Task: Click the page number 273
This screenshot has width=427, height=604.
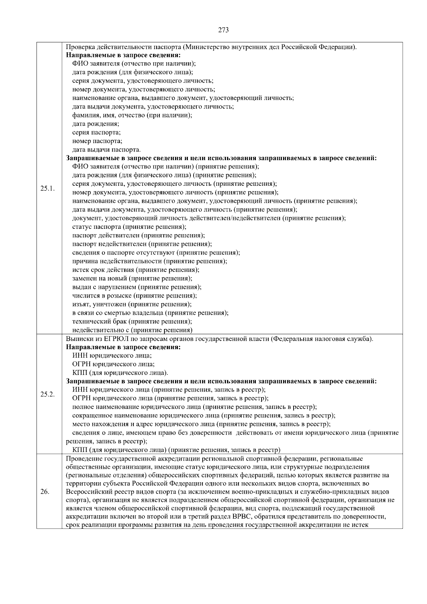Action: (223, 30)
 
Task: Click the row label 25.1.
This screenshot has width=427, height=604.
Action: (47, 188)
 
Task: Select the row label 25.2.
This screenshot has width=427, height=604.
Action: (47, 394)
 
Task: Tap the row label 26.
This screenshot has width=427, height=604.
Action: (45, 492)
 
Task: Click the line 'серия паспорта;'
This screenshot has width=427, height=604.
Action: (96, 132)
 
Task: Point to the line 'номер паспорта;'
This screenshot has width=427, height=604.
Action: (97, 141)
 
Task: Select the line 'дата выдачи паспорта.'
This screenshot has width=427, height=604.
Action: (106, 149)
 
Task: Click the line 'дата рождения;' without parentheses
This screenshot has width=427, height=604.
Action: (96, 124)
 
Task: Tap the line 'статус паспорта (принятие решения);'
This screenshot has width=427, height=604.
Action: (129, 227)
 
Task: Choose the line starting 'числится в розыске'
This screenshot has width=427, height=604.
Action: (135, 295)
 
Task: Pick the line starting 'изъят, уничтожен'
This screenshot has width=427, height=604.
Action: (132, 304)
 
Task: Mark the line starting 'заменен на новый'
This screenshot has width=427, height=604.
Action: (132, 278)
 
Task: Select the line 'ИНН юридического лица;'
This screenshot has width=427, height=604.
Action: (112, 356)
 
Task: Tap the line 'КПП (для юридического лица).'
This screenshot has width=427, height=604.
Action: (120, 373)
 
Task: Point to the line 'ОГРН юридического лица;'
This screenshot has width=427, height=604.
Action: (114, 364)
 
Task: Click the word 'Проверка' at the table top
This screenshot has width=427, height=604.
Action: (79, 47)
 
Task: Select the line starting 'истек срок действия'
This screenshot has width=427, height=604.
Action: (136, 270)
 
